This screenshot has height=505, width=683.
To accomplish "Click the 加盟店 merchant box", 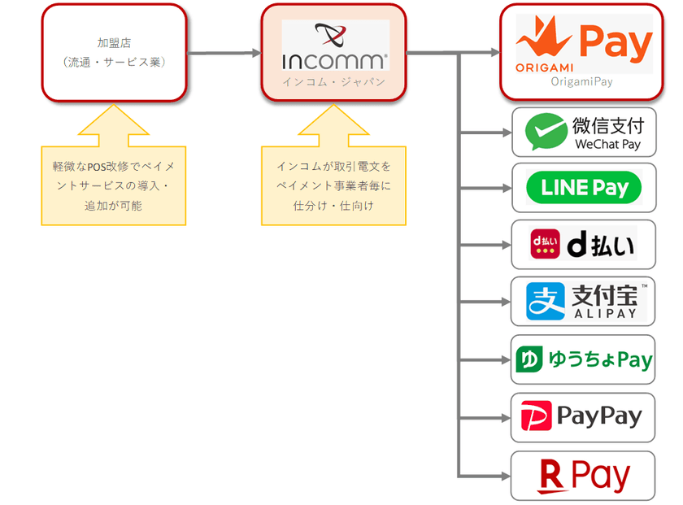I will point(114,53).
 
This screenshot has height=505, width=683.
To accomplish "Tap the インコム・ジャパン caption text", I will point(334,82).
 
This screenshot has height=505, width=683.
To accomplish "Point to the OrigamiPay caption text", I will point(581,81).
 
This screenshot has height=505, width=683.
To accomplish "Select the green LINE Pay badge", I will point(583,188).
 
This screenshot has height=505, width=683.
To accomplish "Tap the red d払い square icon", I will point(544,245).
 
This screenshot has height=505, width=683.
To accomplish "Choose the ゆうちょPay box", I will point(583,359).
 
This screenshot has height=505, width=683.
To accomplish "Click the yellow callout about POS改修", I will point(114,185).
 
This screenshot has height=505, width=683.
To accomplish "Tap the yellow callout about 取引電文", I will point(333,185).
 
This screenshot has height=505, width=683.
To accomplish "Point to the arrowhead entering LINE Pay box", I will point(505,188).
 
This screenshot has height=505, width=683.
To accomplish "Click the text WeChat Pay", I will point(607,145).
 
